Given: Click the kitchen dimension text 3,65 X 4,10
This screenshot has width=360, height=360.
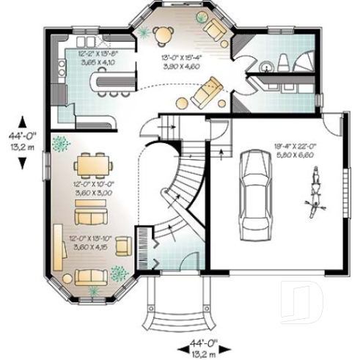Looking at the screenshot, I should tap(98, 64).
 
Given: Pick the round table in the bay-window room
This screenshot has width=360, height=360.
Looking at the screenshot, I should tap(164, 33).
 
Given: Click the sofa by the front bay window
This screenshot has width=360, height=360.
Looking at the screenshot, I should tap(89, 276).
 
